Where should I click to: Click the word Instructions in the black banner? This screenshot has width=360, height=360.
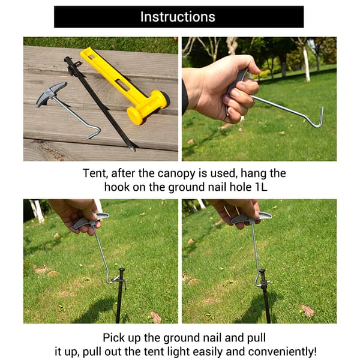tap(178, 17)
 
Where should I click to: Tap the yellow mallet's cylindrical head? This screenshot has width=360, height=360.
tap(148, 107)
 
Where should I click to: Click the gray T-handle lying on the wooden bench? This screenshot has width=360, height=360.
tap(51, 94)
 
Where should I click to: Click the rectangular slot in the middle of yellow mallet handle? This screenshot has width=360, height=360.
tap(122, 85)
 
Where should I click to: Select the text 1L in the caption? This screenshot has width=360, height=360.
tap(261, 187)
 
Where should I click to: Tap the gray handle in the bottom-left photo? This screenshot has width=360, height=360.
tap(91, 220)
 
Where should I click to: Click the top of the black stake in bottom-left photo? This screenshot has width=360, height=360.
tap(122, 270)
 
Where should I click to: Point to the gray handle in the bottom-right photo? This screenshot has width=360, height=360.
tap(251, 218)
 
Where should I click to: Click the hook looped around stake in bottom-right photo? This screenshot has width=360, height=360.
tap(258, 279)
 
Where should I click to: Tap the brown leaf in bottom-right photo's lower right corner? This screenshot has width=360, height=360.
tap(307, 310)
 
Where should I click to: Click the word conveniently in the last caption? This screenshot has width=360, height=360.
tap(282, 352)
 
